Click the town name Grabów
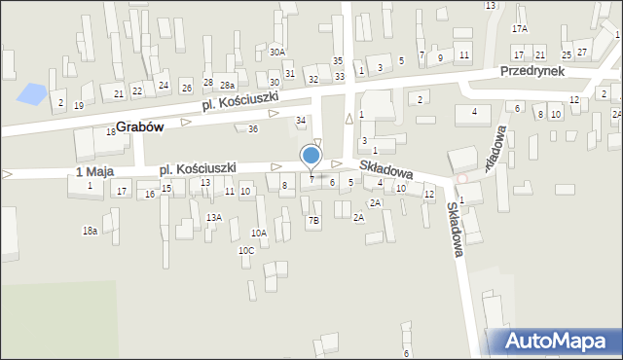click(x=138, y=126)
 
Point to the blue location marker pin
click(x=311, y=157)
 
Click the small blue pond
click(x=31, y=94)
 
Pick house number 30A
click(x=278, y=52)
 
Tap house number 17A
click(x=520, y=29)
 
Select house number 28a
click(x=227, y=86)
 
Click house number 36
click(x=253, y=128)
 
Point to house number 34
click(x=301, y=120)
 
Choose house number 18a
click(x=90, y=230)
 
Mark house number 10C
click(x=246, y=250)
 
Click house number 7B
click(x=313, y=221)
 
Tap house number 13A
click(x=213, y=217)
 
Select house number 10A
click(x=259, y=233)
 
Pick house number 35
click(x=338, y=61)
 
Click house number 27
click(x=582, y=51)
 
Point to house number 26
click(x=186, y=89)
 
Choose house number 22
click(x=137, y=90)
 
